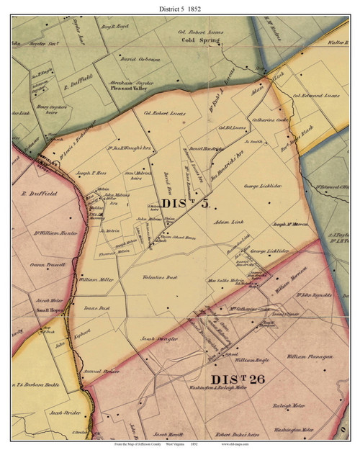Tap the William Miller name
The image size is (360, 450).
(x=96, y=279)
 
